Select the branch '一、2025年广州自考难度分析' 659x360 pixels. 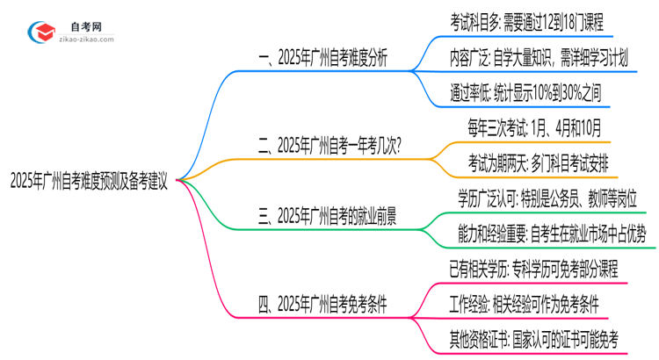pyautogui.click(x=322, y=58)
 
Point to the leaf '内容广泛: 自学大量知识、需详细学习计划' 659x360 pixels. pyautogui.click(x=537, y=58)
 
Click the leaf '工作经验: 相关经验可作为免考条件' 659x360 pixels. pyautogui.click(x=524, y=304)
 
